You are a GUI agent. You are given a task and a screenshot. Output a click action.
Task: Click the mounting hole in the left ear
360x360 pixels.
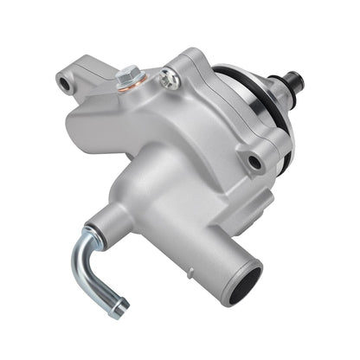pyautogui.click(x=64, y=83)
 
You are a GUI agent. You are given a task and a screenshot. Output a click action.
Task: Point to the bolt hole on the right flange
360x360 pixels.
pyautogui.click(x=254, y=161)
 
